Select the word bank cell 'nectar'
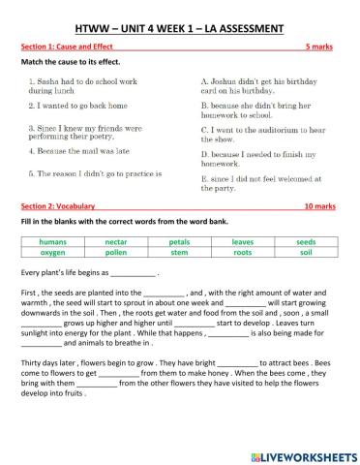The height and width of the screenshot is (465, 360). [x=116, y=242]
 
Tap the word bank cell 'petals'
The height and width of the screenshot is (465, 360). [x=180, y=242]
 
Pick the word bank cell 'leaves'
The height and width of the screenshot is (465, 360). [x=243, y=242]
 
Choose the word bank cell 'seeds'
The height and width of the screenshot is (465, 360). [x=306, y=242]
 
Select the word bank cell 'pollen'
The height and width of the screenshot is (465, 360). [x=116, y=253]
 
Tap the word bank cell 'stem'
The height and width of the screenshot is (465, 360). [x=180, y=253]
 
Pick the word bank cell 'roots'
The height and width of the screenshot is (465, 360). [x=243, y=253]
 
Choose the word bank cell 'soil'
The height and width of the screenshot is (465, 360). [x=306, y=253]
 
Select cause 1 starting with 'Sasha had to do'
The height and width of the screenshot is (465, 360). [x=77, y=87]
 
